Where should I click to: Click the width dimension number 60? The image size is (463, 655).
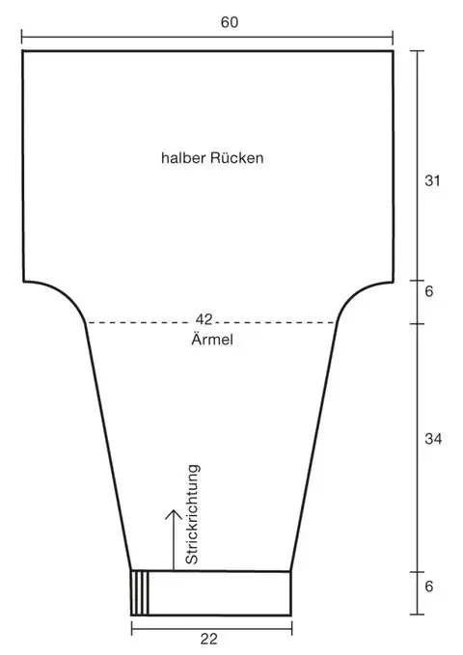coord(230,22)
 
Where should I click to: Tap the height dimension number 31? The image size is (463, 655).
coord(432,181)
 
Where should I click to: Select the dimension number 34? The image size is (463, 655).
coord(433,439)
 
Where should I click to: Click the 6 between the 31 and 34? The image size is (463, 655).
coord(429,291)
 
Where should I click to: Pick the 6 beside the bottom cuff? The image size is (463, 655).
coord(429,587)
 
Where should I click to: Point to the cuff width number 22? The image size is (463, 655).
coord(209,640)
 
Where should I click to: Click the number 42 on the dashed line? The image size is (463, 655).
coord(204,319)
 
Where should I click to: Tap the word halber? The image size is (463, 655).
coord(183,158)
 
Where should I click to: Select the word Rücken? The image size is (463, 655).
coord(237,158)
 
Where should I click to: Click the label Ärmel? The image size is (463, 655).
coord(212,340)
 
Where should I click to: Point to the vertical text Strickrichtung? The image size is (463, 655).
coord(192,514)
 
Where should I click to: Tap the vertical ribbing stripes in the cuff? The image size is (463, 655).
coord(140,593)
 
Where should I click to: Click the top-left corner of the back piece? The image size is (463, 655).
coord(22,51)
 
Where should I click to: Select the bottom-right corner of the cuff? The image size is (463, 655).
coord(290,614)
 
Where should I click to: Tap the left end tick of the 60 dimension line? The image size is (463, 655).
coord(22,37)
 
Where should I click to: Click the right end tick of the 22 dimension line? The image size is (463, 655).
coord(291,628)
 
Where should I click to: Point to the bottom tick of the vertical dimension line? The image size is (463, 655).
coord(417,614)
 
